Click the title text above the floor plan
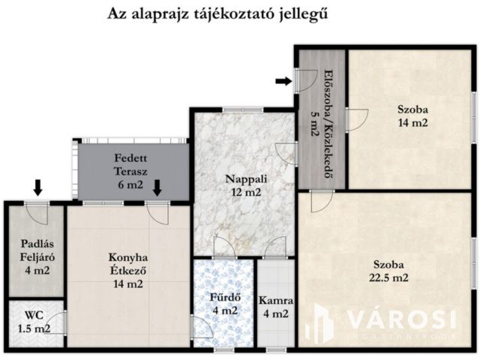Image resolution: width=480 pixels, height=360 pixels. point(217,13)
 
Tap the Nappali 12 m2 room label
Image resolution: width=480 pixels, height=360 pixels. point(244,185)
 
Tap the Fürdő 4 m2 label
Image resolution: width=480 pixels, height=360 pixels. point(223,303)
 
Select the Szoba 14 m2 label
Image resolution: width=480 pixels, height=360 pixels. point(412,115)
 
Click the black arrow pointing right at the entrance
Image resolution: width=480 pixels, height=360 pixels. point(283,81)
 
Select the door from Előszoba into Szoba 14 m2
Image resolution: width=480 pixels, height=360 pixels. point(355,118)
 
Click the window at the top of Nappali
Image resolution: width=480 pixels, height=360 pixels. point(242,111)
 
